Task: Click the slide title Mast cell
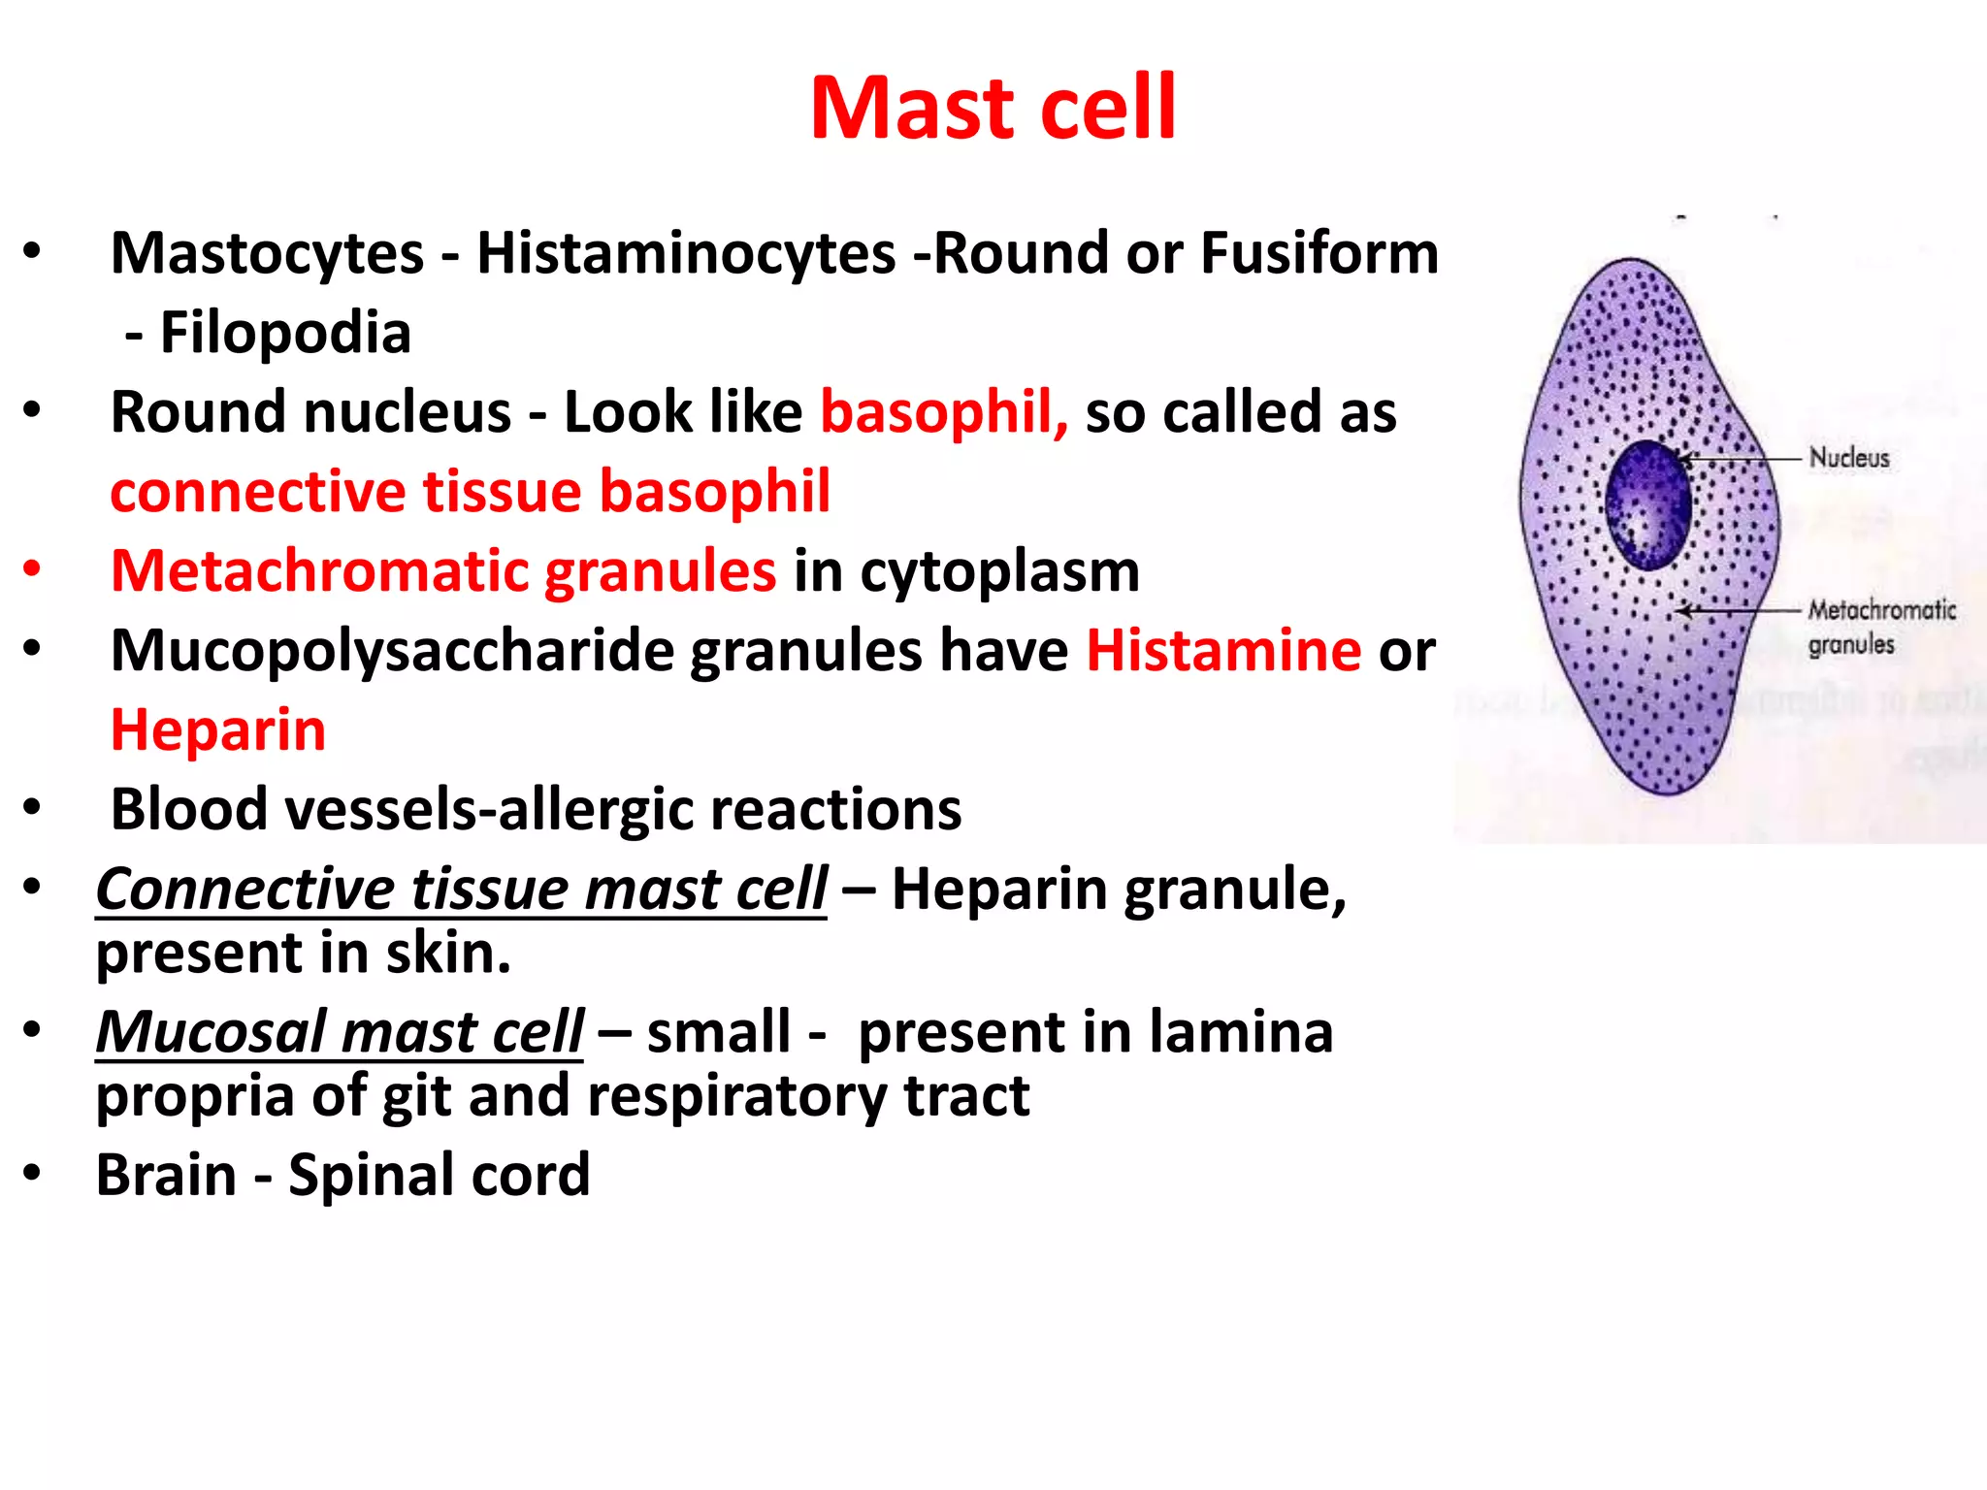[x=993, y=108]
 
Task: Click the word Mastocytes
[x=268, y=254]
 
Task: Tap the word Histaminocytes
[x=686, y=254]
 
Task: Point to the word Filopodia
[x=285, y=334]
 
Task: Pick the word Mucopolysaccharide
[x=392, y=651]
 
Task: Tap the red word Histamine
[x=1222, y=651]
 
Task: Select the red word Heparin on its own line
[x=218, y=730]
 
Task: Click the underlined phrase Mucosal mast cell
[x=340, y=1032]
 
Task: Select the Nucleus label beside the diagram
[x=1849, y=458]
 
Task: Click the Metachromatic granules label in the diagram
[x=1880, y=627]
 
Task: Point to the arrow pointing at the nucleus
[x=1742, y=458]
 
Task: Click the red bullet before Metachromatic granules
[x=32, y=569]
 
